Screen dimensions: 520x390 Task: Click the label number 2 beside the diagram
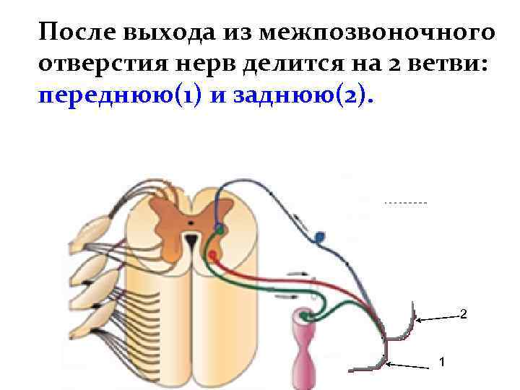pyautogui.click(x=463, y=315)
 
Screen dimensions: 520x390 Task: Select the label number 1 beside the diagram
pyautogui.click(x=442, y=361)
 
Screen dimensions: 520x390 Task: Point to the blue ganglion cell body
pyautogui.click(x=320, y=236)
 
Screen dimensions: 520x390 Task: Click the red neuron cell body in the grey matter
pyautogui.click(x=212, y=255)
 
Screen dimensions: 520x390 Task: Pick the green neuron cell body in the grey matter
pyautogui.click(x=219, y=230)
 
